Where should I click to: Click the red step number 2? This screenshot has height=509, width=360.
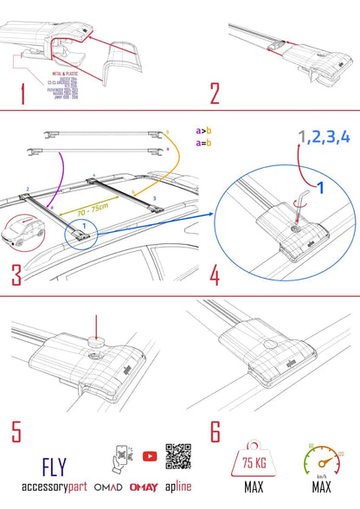pyautogui.click(x=215, y=93)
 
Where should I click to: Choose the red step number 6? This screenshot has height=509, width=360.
pyautogui.click(x=215, y=430)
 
